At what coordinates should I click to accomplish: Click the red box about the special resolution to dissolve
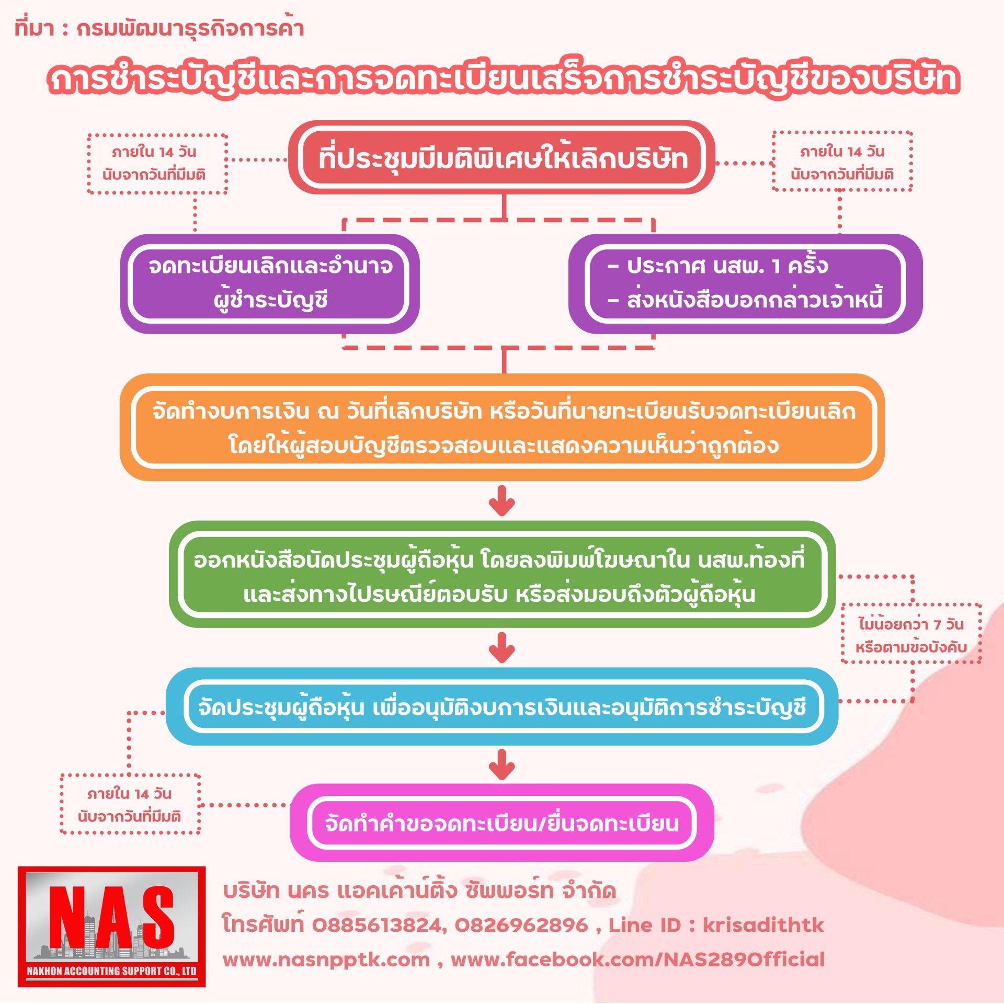[x=502, y=158]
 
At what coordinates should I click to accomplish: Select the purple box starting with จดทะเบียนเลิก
[x=270, y=283]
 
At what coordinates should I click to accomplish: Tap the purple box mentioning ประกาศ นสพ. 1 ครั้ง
[x=745, y=283]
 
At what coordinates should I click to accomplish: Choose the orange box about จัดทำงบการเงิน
[x=502, y=427]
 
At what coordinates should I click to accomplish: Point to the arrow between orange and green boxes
[x=502, y=500]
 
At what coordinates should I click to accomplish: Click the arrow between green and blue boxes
[x=502, y=647]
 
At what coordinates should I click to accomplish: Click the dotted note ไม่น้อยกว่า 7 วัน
[x=910, y=635]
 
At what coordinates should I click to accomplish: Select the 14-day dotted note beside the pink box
[x=130, y=804]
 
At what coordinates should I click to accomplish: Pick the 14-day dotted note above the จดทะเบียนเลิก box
[x=157, y=163]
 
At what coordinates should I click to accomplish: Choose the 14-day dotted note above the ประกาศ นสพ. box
[x=842, y=162]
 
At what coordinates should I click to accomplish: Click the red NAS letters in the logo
[x=111, y=917]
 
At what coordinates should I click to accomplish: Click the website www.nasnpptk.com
[x=326, y=960]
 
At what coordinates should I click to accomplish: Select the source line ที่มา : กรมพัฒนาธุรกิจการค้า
[x=159, y=28]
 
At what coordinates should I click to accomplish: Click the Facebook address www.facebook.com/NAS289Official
[x=637, y=960]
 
